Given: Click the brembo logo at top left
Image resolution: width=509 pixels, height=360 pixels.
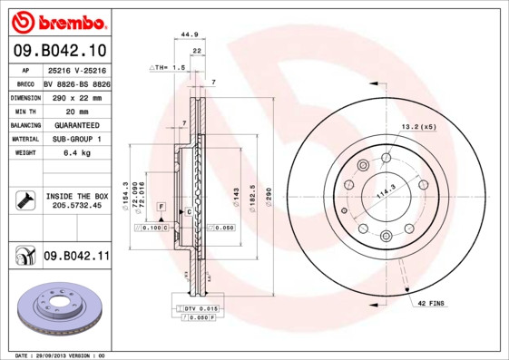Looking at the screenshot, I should (58, 20).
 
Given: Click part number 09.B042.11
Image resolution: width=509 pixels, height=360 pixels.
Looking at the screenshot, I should (75, 258).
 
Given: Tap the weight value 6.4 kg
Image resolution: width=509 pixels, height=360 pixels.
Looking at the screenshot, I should (75, 153).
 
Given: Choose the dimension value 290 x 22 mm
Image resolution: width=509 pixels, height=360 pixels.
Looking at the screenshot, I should (75, 97).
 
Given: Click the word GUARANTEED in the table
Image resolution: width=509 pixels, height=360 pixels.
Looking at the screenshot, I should (75, 125).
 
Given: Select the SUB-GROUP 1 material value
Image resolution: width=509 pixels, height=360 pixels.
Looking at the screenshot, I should (75, 139).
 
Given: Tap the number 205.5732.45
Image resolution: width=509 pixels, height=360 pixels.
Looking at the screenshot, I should (75, 206).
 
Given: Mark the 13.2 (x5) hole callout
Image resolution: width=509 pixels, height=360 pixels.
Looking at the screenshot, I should (418, 127).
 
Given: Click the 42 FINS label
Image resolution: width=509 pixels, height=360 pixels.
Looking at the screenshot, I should (430, 302).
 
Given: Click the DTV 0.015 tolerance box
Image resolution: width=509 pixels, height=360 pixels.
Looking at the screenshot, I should (196, 310).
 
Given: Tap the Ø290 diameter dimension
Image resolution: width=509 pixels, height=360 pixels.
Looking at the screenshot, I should (269, 194).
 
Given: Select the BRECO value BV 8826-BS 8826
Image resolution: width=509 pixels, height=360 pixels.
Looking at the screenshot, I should (75, 83).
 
